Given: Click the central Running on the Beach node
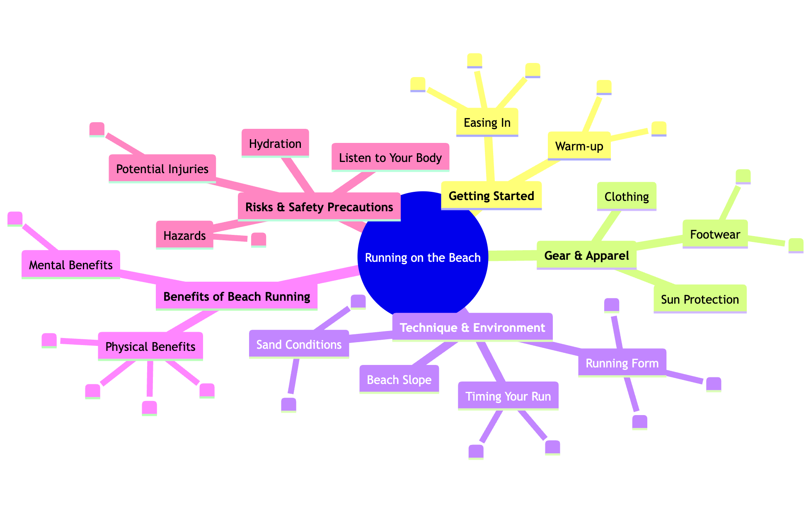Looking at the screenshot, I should click(423, 258).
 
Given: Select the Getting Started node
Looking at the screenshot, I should click(491, 196).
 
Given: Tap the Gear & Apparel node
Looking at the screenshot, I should click(586, 256).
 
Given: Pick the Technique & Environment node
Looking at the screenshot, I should click(472, 328).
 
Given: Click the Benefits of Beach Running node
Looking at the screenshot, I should click(237, 297).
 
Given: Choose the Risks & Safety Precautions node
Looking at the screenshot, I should click(319, 207).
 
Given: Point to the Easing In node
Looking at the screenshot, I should click(487, 123).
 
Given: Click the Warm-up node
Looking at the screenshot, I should click(579, 146).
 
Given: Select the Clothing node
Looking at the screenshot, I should click(627, 196).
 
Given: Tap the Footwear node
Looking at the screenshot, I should click(715, 234).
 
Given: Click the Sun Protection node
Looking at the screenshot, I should click(700, 299).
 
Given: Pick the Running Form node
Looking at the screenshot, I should click(622, 363).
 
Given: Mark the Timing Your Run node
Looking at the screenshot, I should click(508, 396).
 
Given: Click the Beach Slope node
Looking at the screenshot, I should click(399, 380).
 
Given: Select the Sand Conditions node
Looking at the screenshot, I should click(299, 345).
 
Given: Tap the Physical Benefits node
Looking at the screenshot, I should click(150, 347).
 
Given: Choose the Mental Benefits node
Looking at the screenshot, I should click(71, 265).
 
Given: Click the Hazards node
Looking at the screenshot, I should click(184, 236).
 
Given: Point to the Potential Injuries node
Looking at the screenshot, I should click(162, 169).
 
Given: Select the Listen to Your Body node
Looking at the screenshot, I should click(390, 158).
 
